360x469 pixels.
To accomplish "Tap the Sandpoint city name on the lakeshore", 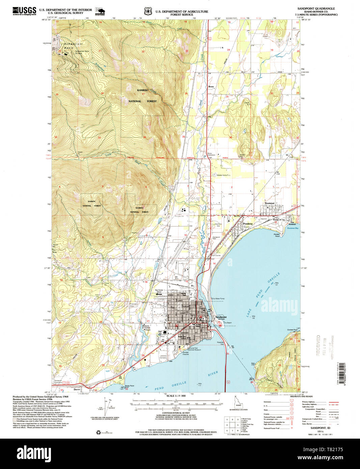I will [221, 318].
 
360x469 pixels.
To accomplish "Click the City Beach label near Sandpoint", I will [228, 323].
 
